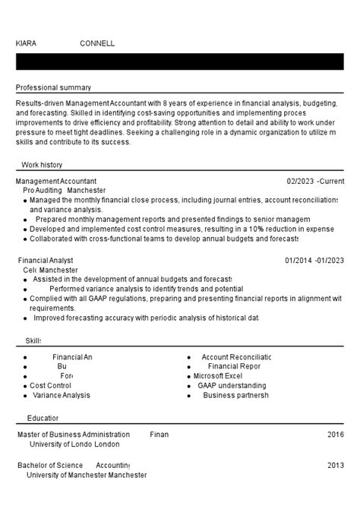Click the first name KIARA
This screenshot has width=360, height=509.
pyautogui.click(x=26, y=43)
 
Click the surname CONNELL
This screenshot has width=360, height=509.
pyautogui.click(x=97, y=43)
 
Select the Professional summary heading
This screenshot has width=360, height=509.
pyautogui.click(x=53, y=87)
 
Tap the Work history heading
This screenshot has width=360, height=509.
pyautogui.click(x=42, y=164)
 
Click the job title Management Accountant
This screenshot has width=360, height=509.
pyautogui.click(x=56, y=182)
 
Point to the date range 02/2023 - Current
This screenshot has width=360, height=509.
pyautogui.click(x=315, y=182)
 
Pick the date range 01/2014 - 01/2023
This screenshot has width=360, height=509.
pyautogui.click(x=314, y=261)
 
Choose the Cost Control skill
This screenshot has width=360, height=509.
pyautogui.click(x=50, y=385)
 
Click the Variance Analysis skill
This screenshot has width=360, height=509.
pyautogui.click(x=62, y=395)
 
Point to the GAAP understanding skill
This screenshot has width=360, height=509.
pyautogui.click(x=232, y=385)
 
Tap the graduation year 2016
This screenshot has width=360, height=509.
pyautogui.click(x=336, y=435)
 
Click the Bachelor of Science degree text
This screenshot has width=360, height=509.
pyautogui.click(x=50, y=465)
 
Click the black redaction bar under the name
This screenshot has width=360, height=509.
pyautogui.click(x=180, y=62)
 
